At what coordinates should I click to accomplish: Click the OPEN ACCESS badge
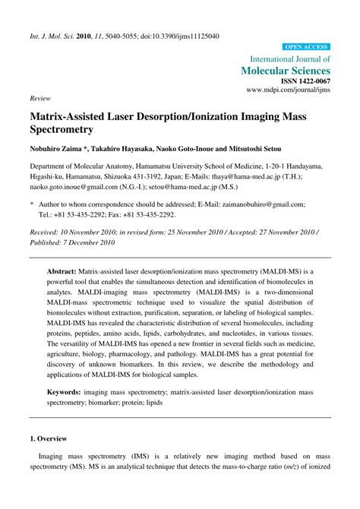pyautogui.click(x=306, y=46)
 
